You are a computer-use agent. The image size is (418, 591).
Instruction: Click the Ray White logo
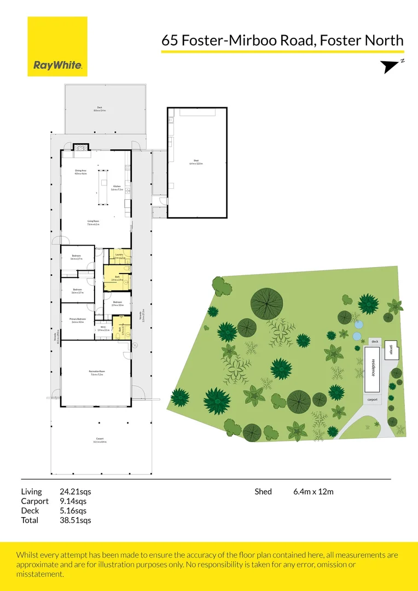57,47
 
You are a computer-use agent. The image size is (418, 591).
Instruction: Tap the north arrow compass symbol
391,66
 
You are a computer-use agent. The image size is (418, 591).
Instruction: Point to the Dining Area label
81,172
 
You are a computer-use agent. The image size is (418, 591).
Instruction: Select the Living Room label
93,222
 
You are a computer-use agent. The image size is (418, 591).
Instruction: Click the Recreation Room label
96,373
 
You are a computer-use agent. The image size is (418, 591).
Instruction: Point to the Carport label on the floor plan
100,439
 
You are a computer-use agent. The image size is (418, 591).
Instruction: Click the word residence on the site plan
374,368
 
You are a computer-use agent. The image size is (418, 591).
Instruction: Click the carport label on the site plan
373,399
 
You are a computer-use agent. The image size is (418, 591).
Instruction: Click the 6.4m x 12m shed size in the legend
313,491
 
